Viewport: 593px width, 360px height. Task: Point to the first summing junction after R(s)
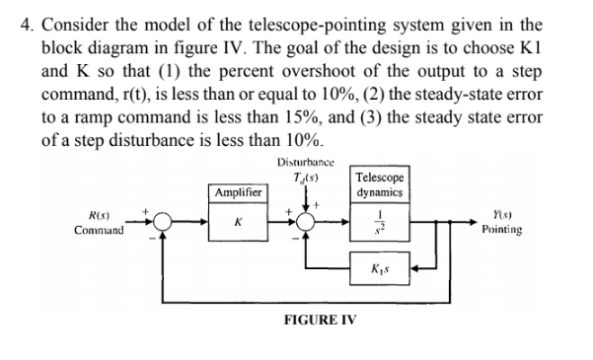(x=164, y=224)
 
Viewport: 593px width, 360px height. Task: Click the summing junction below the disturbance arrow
(x=301, y=224)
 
